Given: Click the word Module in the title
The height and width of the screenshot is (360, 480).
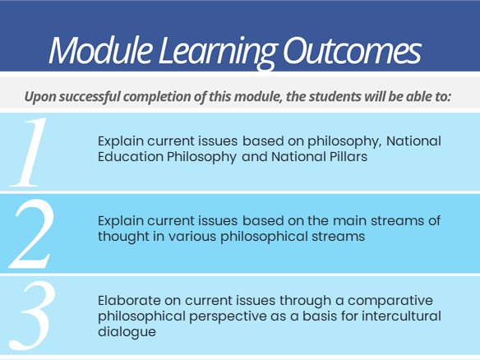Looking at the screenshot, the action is tap(100, 49).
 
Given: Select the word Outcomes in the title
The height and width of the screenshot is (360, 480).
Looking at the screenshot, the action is tap(352, 50).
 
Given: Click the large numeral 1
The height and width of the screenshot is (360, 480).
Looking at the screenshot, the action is tap(29, 152).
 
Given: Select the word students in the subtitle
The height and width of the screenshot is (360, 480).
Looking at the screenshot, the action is tap(335, 96).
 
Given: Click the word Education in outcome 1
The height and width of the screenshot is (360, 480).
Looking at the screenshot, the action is tap(131, 157).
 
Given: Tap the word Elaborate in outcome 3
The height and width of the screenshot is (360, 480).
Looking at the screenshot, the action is tap(129, 301).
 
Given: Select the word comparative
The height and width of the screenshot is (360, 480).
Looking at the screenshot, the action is tap(390, 301).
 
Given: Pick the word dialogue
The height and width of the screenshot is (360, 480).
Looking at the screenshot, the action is tap(127, 332).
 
